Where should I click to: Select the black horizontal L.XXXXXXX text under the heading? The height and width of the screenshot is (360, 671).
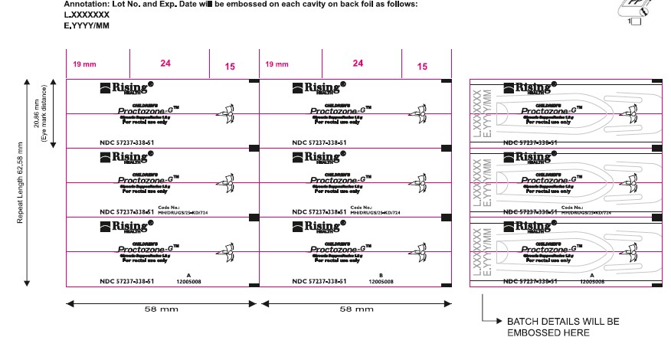[x=88, y=15]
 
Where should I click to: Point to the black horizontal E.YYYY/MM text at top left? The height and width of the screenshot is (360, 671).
[x=88, y=25]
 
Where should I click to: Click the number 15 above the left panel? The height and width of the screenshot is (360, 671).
[x=230, y=67]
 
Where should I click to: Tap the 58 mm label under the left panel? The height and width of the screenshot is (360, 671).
[x=163, y=309]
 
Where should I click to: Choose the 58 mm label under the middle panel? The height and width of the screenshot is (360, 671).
[x=356, y=309]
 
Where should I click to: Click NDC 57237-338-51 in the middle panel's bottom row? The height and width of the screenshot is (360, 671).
[x=319, y=282]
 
